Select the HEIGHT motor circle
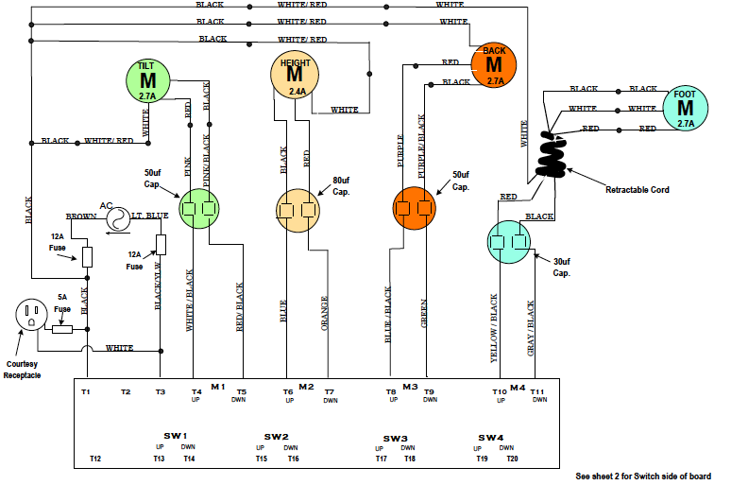[295, 75]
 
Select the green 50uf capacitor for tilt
[199, 208]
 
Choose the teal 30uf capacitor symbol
[511, 242]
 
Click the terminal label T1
[86, 391]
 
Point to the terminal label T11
[538, 391]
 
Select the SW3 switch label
[395, 439]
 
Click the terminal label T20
[512, 459]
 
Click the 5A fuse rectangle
[63, 329]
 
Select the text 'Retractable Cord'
[637, 190]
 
